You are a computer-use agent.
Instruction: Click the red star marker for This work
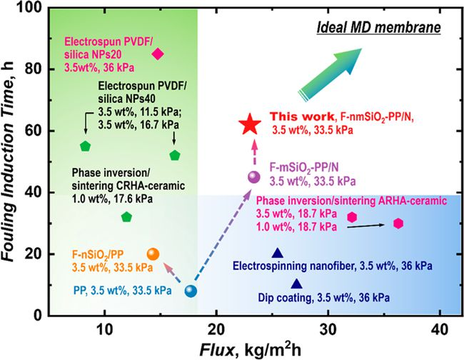[250, 124]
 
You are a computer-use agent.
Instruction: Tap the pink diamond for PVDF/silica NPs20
[158, 54]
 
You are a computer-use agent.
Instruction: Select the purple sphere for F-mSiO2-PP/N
[253, 177]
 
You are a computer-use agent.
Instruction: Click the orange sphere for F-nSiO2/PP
[153, 254]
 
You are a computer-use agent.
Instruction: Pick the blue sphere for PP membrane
[191, 291]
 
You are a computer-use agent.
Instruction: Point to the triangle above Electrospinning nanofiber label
[278, 253]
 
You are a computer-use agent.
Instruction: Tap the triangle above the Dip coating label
[297, 284]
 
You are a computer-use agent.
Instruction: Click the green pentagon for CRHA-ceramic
[126, 217]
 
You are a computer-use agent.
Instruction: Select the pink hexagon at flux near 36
[398, 224]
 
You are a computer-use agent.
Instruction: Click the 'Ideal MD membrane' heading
[379, 28]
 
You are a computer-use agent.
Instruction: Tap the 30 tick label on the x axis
[328, 330]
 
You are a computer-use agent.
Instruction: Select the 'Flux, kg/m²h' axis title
[251, 349]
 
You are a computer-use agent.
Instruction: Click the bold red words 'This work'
[302, 116]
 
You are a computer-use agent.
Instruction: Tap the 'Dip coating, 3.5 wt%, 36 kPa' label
[324, 297]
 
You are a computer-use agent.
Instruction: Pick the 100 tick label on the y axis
[30, 7]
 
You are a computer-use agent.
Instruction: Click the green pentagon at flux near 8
[85, 146]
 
